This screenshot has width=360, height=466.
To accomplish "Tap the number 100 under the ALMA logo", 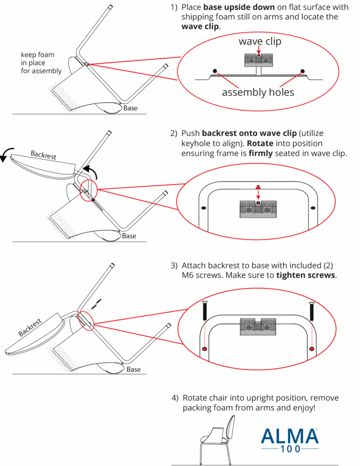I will click(289, 449).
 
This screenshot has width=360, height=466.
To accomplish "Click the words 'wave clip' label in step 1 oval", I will click(260, 41).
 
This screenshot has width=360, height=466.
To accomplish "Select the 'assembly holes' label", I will click(258, 92).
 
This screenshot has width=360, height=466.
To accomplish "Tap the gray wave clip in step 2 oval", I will click(258, 209).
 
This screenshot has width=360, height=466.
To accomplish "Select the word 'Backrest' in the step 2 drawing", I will click(43, 155).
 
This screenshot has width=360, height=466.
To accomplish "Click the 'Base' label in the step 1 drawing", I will click(130, 108).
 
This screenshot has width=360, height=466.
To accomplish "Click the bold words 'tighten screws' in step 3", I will click(306, 275).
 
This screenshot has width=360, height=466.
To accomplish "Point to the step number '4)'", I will click(175, 398).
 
